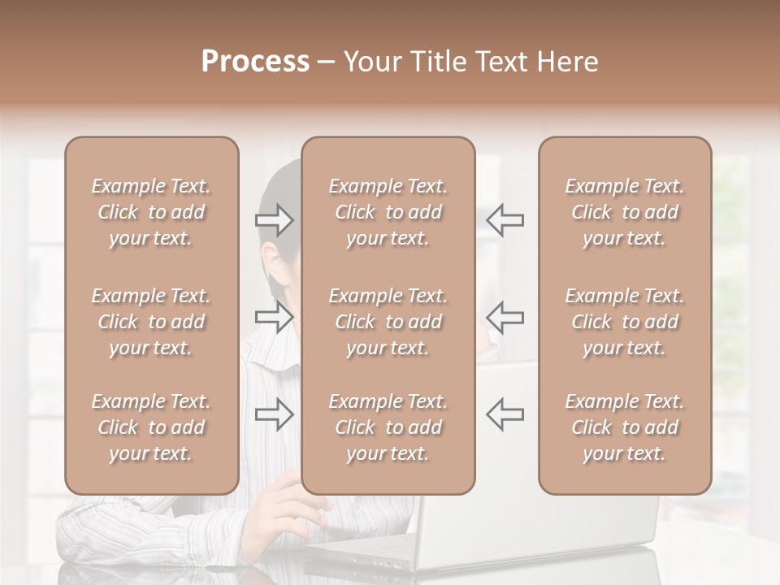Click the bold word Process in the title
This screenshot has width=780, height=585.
point(255,62)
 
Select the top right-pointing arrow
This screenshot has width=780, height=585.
point(274,219)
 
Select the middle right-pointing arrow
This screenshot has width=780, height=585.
point(274,317)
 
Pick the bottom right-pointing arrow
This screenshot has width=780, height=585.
point(274,414)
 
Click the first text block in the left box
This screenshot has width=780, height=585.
point(151,212)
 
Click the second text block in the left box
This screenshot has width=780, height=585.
point(151,322)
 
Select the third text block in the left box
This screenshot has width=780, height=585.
point(151,427)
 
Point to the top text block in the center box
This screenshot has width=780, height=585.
point(388,212)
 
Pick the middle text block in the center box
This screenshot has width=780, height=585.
point(388,322)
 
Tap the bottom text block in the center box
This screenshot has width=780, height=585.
point(388,427)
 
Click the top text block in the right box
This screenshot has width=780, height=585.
point(624,212)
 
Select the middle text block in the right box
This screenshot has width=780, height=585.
point(624,322)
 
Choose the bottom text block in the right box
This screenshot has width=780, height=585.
point(624,427)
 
